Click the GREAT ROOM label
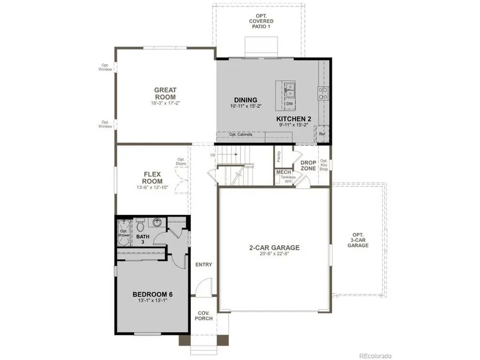(x=165, y=94)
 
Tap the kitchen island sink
(x=289, y=91)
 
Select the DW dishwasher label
(x=289, y=104)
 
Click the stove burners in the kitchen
(x=323, y=94)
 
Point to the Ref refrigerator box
(x=322, y=134)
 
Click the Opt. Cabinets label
(x=241, y=134)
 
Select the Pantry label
(x=279, y=156)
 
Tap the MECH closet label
(x=282, y=172)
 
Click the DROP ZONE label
(x=308, y=165)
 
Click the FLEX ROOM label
(x=152, y=178)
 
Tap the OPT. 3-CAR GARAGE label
(x=358, y=240)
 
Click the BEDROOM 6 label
(x=152, y=294)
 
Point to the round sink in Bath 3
(x=157, y=223)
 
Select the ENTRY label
(x=204, y=265)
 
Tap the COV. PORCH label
(x=204, y=315)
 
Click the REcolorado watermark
(x=375, y=356)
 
